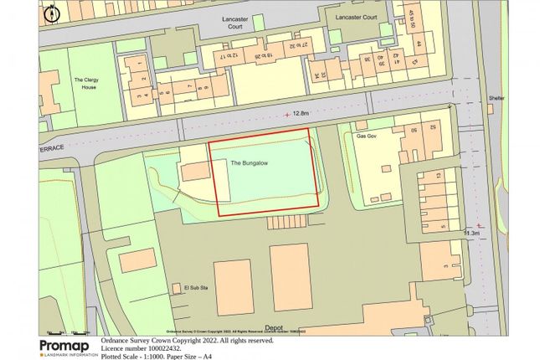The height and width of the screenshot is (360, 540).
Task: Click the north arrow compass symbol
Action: [51, 13]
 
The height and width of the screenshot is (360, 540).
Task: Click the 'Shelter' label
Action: [496, 98]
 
